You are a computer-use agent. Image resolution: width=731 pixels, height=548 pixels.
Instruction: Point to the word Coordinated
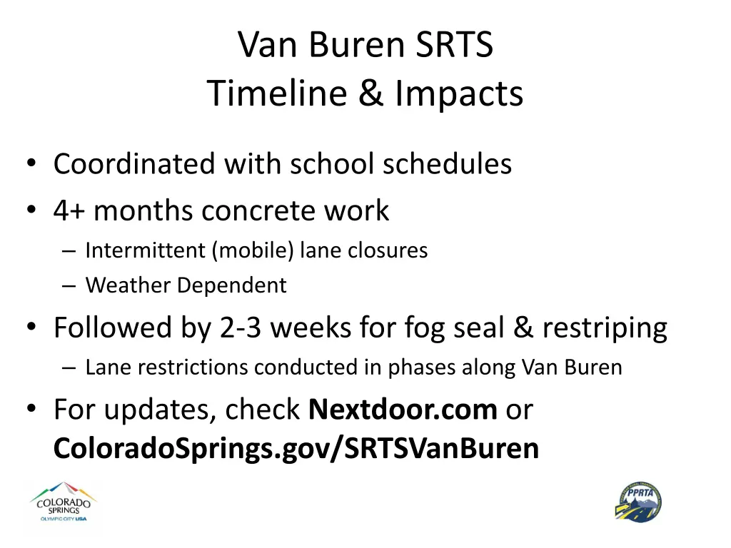pos(134,164)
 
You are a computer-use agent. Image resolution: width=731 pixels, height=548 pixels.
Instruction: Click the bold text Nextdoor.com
pos(403,410)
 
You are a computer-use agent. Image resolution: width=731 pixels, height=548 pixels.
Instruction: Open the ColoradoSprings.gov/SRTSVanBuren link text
pos(296,448)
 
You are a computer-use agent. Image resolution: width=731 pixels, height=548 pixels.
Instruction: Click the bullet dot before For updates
pos(31,410)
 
